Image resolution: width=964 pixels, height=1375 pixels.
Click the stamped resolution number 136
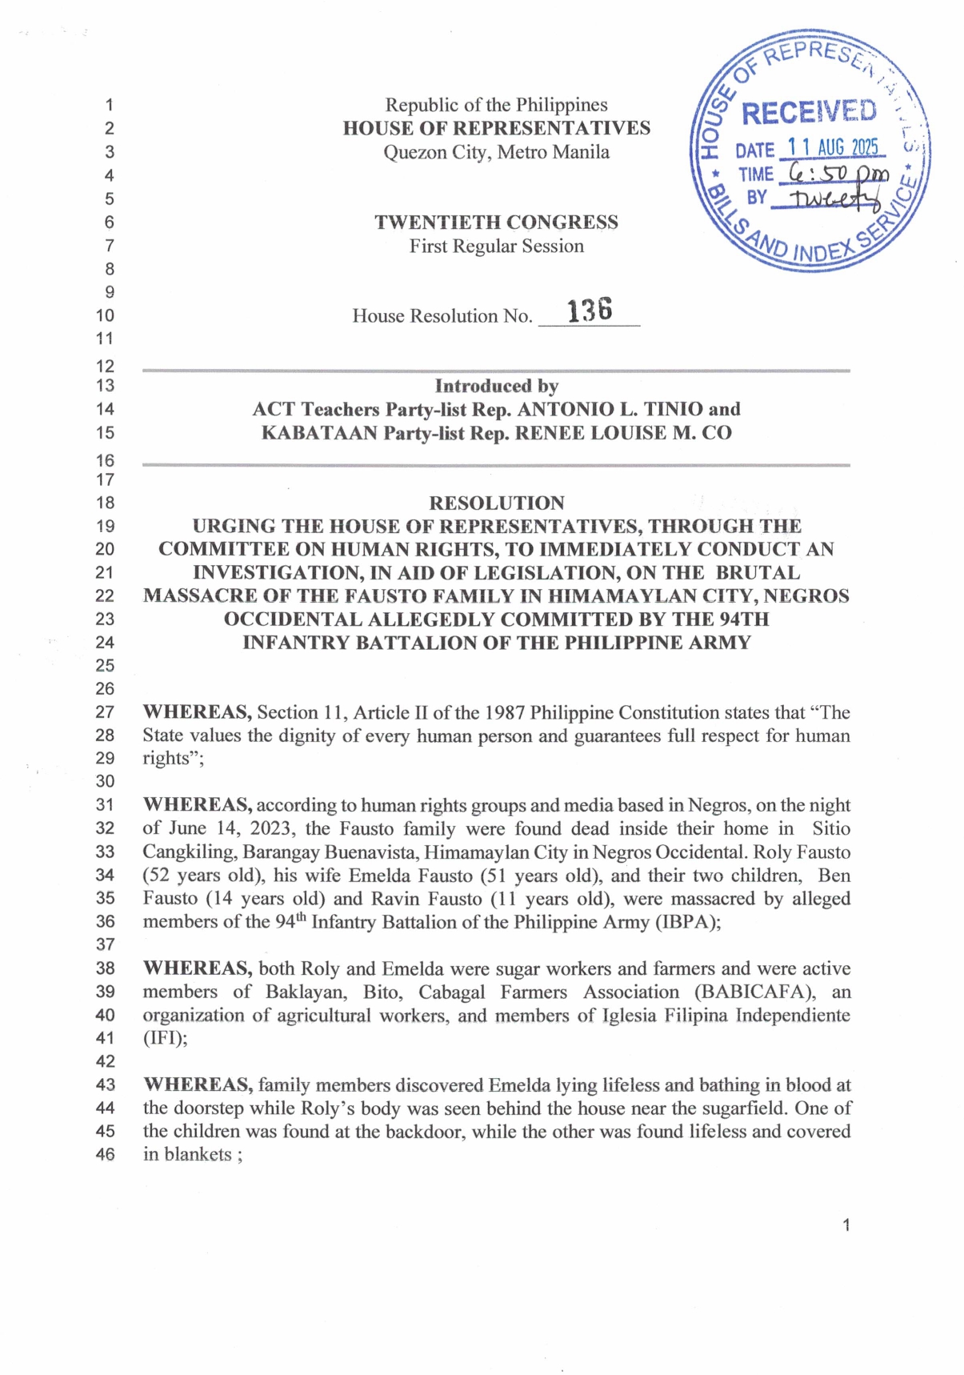tap(590, 310)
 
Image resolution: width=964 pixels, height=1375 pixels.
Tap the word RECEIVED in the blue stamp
tap(809, 113)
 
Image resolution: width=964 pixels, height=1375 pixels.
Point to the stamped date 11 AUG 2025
tap(833, 147)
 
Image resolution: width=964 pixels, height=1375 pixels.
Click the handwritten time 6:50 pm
tap(837, 173)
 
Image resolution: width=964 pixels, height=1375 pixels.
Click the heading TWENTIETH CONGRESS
tap(496, 222)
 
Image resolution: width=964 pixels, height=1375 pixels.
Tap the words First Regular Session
tap(496, 247)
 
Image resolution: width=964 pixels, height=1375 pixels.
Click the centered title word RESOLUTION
tap(496, 503)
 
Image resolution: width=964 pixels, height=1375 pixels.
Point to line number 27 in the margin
tap(105, 712)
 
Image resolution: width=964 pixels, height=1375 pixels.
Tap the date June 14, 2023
tap(231, 828)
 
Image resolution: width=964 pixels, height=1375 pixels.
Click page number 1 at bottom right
tap(846, 1225)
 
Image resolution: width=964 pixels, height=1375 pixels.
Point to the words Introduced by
tap(496, 387)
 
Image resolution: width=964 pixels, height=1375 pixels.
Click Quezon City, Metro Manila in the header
tap(496, 152)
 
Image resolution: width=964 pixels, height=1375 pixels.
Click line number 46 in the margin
tap(105, 1154)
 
